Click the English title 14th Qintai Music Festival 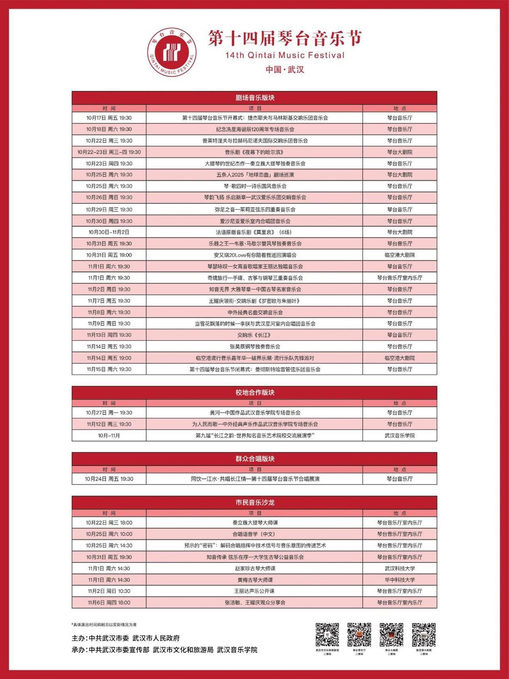pos(285,55)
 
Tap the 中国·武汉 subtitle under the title pos(285,69)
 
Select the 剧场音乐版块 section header pos(255,98)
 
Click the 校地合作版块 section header pos(255,392)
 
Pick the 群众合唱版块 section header pos(255,459)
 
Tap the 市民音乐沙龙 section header pos(255,502)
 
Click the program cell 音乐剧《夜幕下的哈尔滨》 pos(255,152)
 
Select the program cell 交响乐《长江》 pos(255,335)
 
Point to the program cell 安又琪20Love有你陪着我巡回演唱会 pos(255,255)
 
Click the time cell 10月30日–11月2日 pos(109,232)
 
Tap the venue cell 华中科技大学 pos(400,580)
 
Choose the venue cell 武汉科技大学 pos(400,568)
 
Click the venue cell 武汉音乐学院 pos(400,435)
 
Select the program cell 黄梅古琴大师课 pos(255,580)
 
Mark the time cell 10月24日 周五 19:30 pos(109,479)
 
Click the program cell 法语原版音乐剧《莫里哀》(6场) pos(255,232)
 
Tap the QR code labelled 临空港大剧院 pos(423,634)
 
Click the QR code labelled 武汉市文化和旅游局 pos(327,634)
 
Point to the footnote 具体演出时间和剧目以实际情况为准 pos(104,625)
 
